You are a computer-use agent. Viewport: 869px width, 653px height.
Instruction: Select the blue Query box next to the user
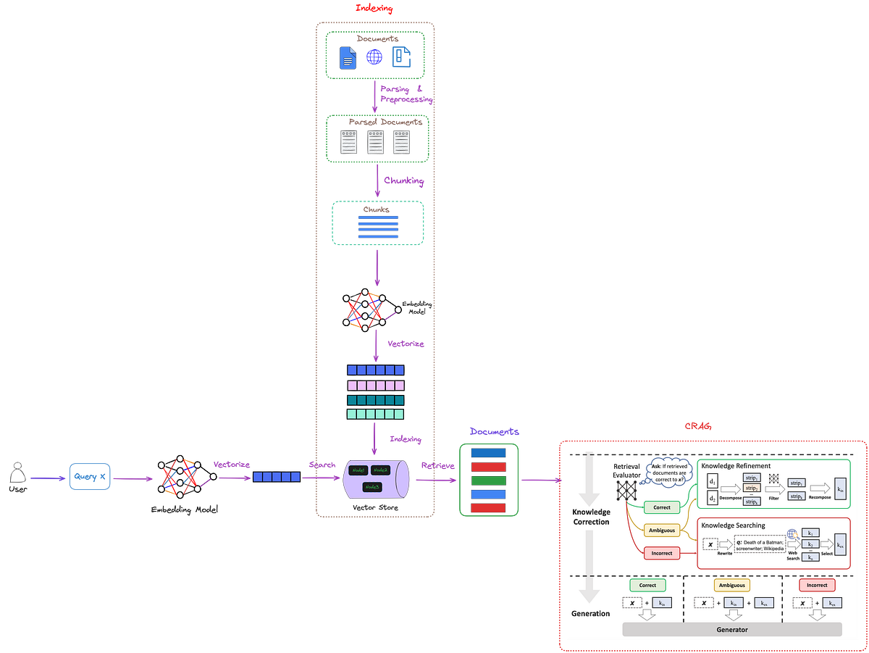coord(91,476)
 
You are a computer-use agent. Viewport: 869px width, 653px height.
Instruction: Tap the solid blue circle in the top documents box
coord(374,57)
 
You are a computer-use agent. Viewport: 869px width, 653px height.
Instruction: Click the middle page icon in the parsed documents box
coord(375,142)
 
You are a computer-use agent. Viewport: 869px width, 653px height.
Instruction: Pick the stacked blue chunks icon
coord(378,227)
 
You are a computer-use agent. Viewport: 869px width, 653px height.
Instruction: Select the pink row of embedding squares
coord(376,385)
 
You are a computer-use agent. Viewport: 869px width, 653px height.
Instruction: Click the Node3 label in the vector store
coord(372,487)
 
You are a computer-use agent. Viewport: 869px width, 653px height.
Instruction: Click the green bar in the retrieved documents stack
coord(489,480)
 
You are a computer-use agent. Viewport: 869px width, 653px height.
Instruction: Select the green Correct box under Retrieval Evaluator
coord(662,507)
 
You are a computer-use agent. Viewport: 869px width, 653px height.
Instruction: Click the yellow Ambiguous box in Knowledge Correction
coord(662,531)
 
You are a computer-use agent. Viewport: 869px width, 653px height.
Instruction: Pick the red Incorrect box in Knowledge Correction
coord(662,553)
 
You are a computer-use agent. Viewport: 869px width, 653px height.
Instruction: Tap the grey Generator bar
coord(732,630)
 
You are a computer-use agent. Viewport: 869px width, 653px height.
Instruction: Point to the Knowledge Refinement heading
coord(736,466)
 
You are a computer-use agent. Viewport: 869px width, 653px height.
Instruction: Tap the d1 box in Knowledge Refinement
coord(713,481)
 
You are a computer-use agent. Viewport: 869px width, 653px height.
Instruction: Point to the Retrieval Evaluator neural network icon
coord(626,491)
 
